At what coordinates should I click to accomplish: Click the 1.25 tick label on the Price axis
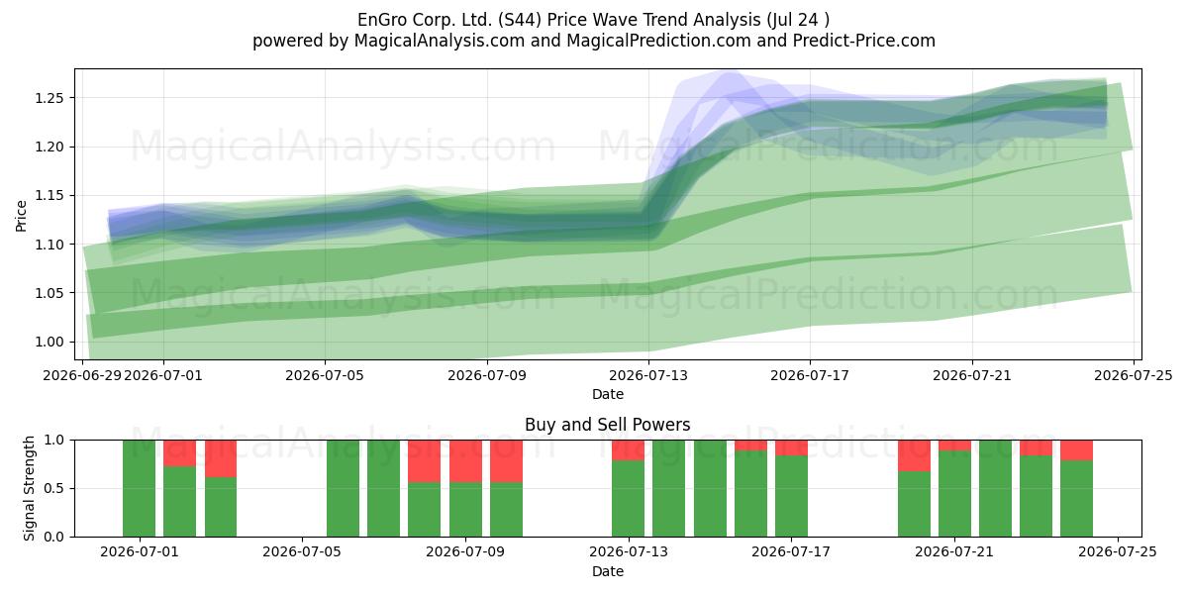49,98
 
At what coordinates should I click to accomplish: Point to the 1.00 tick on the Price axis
49,343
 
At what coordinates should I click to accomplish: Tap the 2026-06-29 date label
82,376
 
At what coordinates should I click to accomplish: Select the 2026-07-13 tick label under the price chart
648,376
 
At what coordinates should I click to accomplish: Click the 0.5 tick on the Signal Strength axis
54,488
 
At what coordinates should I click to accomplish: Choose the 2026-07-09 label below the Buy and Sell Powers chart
465,552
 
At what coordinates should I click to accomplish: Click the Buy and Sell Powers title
607,425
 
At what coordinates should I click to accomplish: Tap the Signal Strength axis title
29,488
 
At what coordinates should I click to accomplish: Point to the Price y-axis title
21,216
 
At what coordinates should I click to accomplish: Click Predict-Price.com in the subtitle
864,41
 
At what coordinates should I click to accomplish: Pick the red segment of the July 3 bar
221,458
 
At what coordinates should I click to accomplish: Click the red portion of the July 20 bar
914,455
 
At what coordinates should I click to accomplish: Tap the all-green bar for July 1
139,488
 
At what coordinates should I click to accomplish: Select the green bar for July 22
996,488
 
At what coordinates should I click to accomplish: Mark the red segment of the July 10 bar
506,461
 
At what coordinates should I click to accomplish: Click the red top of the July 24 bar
1077,450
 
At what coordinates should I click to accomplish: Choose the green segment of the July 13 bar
628,499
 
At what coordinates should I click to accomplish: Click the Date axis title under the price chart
607,395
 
